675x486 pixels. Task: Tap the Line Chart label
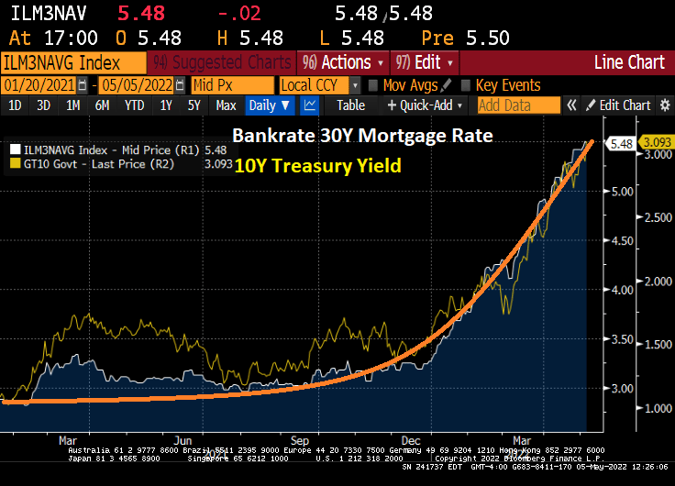pyautogui.click(x=629, y=62)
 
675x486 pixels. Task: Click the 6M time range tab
pyautogui.click(x=102, y=105)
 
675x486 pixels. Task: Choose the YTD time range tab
pyautogui.click(x=134, y=105)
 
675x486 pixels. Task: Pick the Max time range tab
pyautogui.click(x=226, y=105)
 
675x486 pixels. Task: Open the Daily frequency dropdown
pyautogui.click(x=269, y=105)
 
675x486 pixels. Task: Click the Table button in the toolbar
pyautogui.click(x=350, y=105)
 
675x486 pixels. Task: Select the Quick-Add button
pyautogui.click(x=426, y=105)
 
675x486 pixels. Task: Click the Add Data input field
pyautogui.click(x=518, y=105)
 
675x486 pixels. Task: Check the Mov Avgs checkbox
pyautogui.click(x=373, y=85)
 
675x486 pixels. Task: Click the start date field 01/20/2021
pyautogui.click(x=39, y=85)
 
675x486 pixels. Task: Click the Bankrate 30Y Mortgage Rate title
pyautogui.click(x=362, y=136)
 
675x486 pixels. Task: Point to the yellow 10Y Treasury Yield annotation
pyautogui.click(x=316, y=166)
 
